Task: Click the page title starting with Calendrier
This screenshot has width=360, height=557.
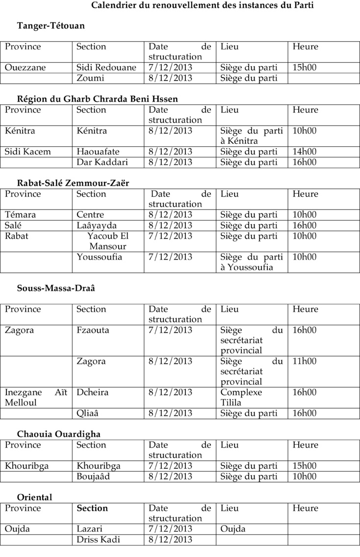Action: coord(203,5)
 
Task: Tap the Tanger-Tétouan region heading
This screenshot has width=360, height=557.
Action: coord(51,26)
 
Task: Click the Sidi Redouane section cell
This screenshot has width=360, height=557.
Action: coord(106,68)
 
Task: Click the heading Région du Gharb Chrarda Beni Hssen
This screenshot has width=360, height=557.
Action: coord(98,99)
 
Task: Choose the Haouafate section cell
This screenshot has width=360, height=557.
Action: coord(98,152)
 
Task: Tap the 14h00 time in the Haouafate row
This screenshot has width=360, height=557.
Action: coord(305,152)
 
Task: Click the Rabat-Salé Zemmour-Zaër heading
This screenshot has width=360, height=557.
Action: coord(73,183)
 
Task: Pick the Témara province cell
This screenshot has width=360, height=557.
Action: coord(20,214)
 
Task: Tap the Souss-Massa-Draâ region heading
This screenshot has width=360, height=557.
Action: coord(56,288)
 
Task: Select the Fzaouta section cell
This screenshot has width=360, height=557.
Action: coord(93,330)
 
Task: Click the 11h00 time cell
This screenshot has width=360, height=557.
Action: coord(305,362)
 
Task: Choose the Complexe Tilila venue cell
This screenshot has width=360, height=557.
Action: coord(241,398)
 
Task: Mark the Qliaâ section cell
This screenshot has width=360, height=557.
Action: coord(88,413)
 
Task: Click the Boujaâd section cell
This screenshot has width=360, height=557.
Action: coord(93,476)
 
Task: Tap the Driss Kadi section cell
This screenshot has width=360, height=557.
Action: coord(98,539)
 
